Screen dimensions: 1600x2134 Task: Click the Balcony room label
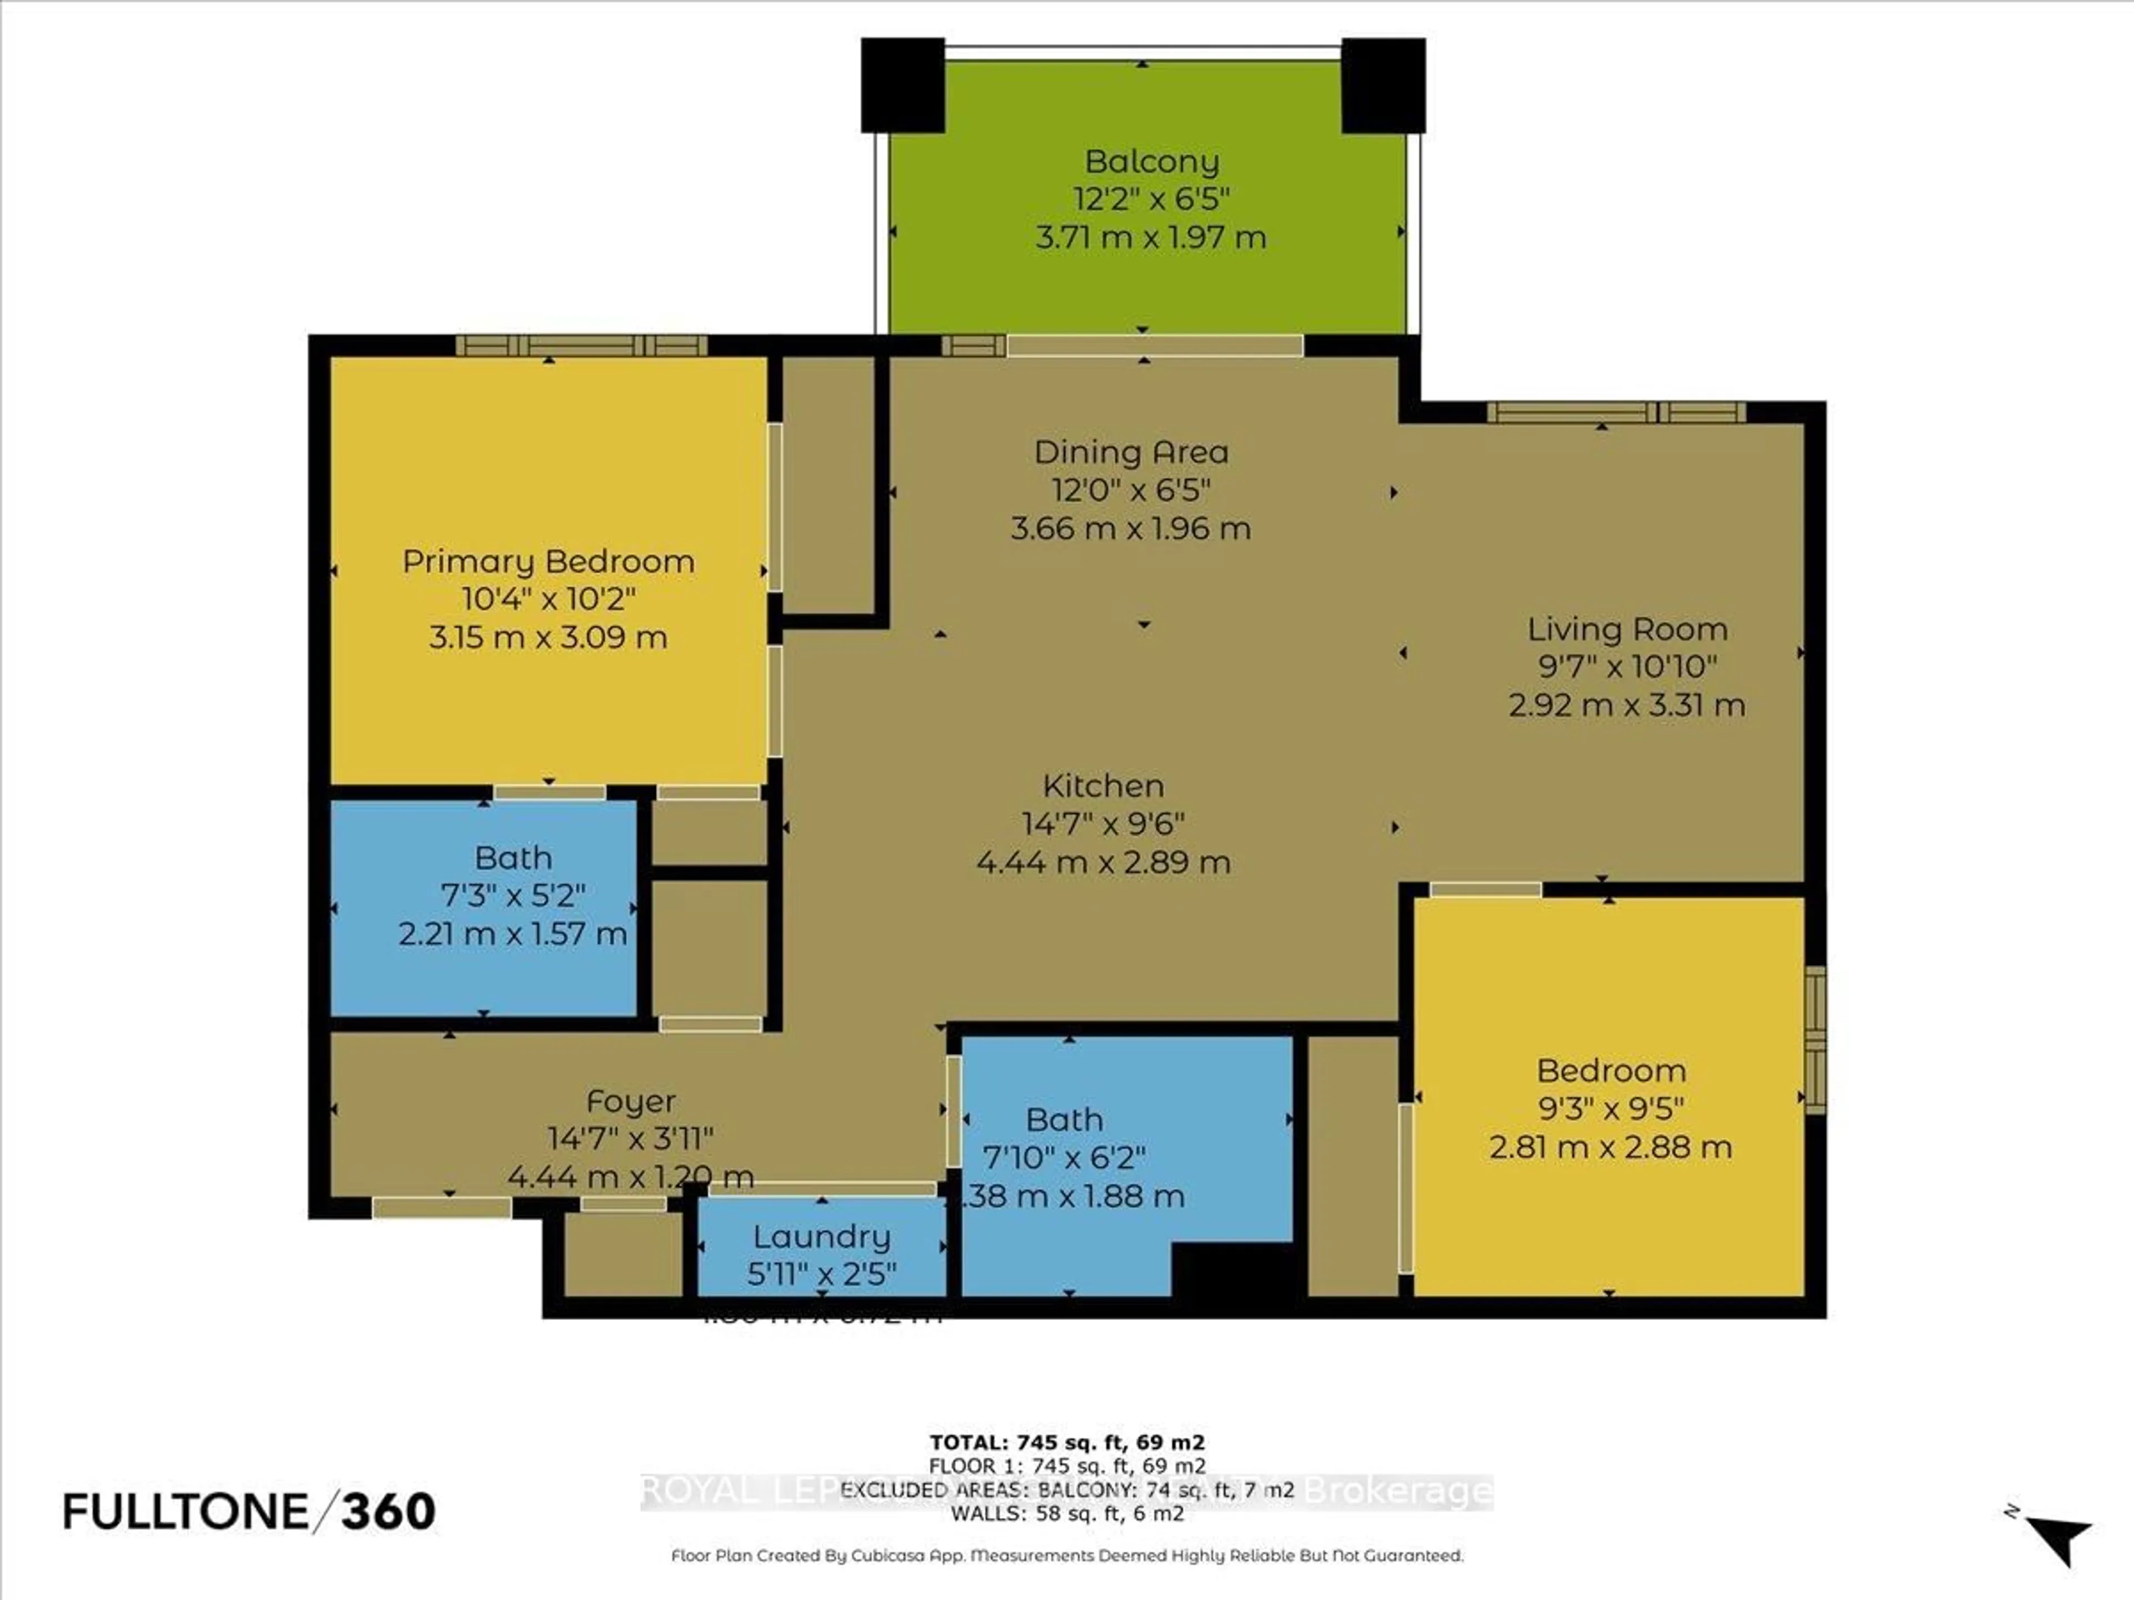1151,161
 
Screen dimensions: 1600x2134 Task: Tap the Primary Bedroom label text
548,561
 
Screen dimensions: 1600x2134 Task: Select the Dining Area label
1131,451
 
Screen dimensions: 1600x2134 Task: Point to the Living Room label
1627,629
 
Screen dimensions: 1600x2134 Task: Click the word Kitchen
1103,786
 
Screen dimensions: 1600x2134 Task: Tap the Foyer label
630,1101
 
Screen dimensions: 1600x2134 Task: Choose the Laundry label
821,1237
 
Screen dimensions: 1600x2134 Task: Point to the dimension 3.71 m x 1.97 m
1150,237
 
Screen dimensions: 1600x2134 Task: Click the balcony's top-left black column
902,85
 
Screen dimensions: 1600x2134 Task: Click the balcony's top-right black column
1383,85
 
